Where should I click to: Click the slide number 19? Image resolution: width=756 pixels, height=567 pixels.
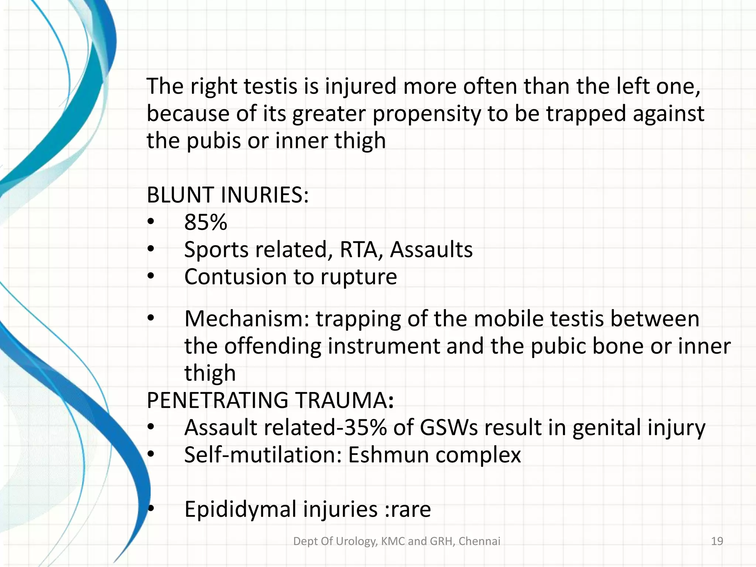click(x=717, y=542)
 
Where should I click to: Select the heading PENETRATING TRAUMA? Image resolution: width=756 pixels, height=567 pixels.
click(x=270, y=400)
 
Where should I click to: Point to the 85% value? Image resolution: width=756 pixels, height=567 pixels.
click(x=206, y=222)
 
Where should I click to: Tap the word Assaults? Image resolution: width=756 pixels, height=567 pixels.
click(x=431, y=250)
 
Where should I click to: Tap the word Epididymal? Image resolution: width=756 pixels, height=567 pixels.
click(x=240, y=509)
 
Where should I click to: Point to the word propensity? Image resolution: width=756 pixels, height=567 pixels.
click(x=426, y=114)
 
